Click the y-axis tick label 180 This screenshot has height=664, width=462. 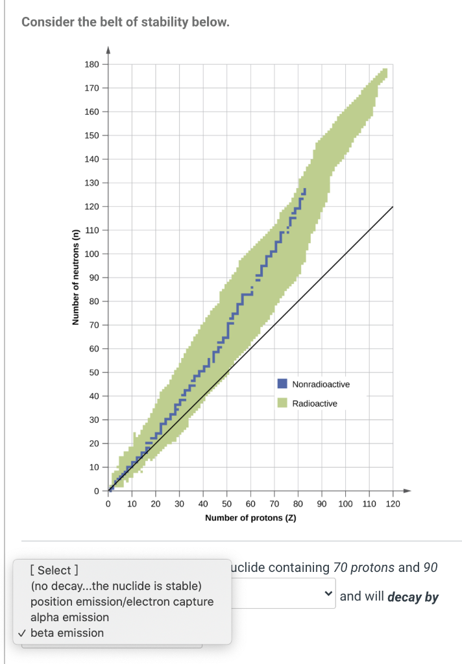pyautogui.click(x=92, y=64)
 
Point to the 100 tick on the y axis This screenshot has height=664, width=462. pyautogui.click(x=92, y=254)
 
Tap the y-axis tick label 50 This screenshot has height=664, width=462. pyautogui.click(x=94, y=373)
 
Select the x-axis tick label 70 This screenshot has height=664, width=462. pyautogui.click(x=274, y=504)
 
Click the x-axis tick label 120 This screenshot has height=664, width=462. pyautogui.click(x=393, y=504)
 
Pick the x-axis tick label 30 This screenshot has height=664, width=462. pyautogui.click(x=180, y=504)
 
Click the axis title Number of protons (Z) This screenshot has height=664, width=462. pyautogui.click(x=250, y=518)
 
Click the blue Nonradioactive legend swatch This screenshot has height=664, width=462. pyautogui.click(x=282, y=385)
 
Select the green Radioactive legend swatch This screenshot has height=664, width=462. pyautogui.click(x=282, y=403)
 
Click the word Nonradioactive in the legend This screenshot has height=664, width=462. pyautogui.click(x=321, y=385)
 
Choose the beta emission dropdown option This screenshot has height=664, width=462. pyautogui.click(x=67, y=633)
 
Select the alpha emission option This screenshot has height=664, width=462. pyautogui.click(x=69, y=617)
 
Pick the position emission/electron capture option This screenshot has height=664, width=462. pyautogui.click(x=122, y=602)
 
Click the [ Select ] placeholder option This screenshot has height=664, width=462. pyautogui.click(x=55, y=571)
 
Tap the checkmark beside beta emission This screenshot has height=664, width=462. pyautogui.click(x=22, y=633)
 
